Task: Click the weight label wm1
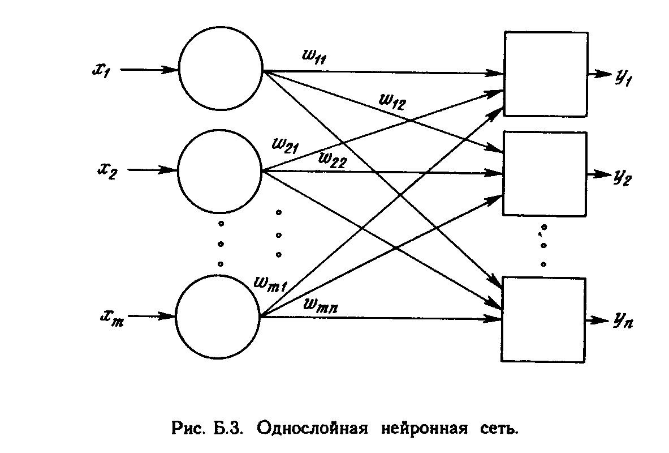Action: pos(271,283)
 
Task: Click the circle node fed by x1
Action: pos(221,70)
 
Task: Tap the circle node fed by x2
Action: pos(220,169)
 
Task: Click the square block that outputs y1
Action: pos(545,74)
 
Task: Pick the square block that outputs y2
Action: pos(545,173)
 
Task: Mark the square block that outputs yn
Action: pos(544,319)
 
